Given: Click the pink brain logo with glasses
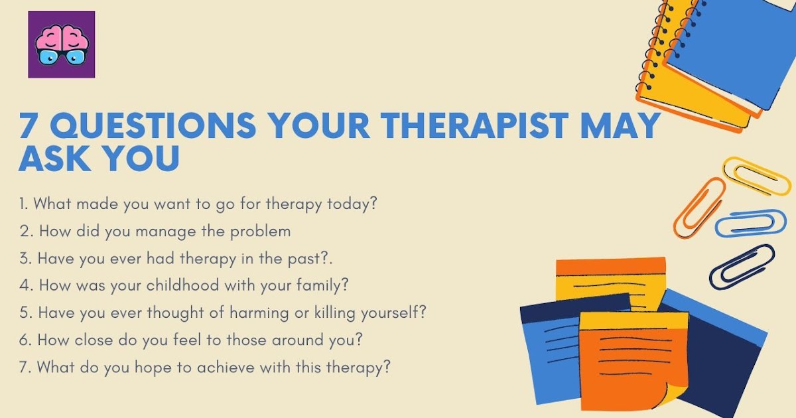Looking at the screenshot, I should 61,45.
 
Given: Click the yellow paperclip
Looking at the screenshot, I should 756,174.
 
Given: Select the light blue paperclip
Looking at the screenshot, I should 750,224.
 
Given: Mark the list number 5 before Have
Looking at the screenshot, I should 23,313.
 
